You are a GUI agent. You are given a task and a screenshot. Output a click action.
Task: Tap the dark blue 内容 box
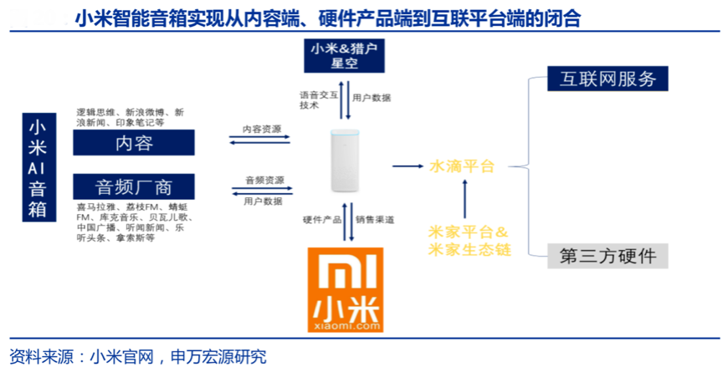tap(134, 143)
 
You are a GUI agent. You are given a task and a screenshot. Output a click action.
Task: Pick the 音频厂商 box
tap(134, 186)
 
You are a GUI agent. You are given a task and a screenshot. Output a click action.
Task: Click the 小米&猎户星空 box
tap(344, 56)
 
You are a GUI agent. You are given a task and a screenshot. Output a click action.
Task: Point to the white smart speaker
tap(343, 163)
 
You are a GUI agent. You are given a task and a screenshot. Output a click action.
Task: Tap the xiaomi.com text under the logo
tap(344, 325)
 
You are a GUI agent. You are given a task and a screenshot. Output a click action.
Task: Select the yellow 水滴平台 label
tap(462, 166)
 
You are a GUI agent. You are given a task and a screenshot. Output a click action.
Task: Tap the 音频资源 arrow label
tap(264, 181)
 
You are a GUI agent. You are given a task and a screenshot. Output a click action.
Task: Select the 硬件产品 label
tap(322, 219)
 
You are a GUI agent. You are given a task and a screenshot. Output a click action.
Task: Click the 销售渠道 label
tap(374, 219)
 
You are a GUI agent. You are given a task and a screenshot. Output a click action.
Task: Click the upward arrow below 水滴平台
tap(464, 196)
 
